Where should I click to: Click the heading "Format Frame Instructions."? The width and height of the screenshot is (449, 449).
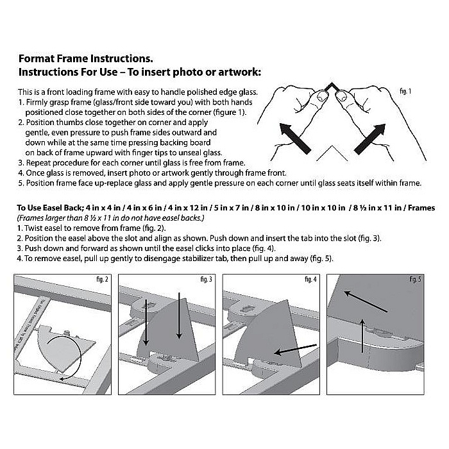85,57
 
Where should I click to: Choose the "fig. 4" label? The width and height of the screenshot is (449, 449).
310,280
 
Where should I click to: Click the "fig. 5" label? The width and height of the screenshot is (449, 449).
416,280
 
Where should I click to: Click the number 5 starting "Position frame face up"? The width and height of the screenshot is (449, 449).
21,182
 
